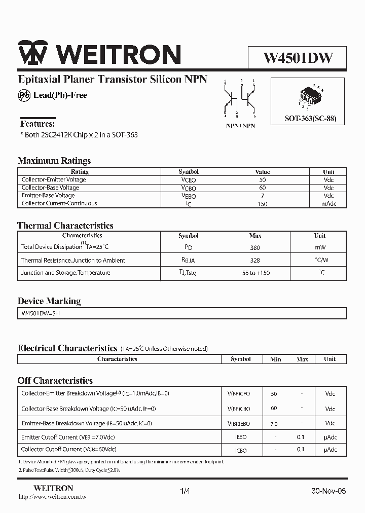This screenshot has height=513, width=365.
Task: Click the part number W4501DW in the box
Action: [298, 58]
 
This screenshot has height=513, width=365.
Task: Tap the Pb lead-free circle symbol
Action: [24, 95]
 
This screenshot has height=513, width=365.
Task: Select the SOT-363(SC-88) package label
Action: [310, 120]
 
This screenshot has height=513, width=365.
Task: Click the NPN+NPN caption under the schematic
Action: [240, 125]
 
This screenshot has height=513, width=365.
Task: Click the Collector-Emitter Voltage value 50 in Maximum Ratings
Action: [262, 180]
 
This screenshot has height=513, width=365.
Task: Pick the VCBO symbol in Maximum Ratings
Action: [188, 188]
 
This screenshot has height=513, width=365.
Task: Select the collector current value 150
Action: [262, 204]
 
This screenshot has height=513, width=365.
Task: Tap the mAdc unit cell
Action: [328, 204]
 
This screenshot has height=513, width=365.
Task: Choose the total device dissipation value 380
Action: [255, 248]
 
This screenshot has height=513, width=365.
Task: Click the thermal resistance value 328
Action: [255, 261]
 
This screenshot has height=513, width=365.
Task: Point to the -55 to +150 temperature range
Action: [255, 273]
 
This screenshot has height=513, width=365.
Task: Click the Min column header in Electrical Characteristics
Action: [275, 359]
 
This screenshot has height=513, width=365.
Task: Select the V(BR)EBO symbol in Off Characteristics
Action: [238, 424]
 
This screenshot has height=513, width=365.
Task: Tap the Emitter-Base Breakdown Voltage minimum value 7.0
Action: [274, 423]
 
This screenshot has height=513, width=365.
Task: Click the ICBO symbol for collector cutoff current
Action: [240, 450]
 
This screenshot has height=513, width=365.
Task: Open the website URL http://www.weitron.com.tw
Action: [52, 497]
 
